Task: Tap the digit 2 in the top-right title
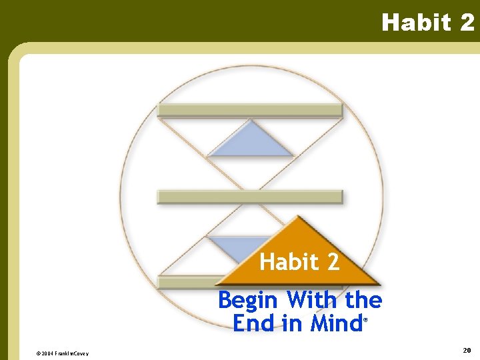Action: tap(467, 23)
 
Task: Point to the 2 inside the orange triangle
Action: tap(333, 262)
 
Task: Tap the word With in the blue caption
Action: tap(313, 300)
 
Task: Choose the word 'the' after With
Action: tap(363, 300)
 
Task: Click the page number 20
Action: tap(467, 350)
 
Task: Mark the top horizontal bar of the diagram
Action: tap(250, 110)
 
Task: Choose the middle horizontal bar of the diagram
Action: tap(250, 197)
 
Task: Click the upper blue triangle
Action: tap(250, 142)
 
